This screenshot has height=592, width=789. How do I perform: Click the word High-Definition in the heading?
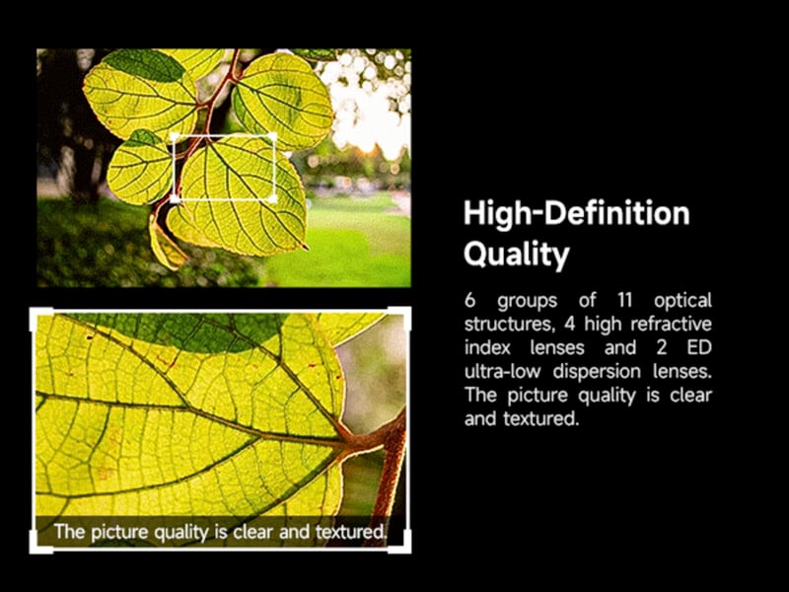pos(576,213)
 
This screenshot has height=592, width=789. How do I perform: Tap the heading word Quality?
pos(517,255)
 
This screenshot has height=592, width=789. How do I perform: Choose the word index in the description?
pos(485,347)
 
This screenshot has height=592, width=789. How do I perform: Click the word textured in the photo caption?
pos(348,533)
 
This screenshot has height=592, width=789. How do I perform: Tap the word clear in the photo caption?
pos(255,533)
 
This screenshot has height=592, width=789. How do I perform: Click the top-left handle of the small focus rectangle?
pos(175,136)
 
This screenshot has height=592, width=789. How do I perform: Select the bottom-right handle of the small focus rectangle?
pos(273,198)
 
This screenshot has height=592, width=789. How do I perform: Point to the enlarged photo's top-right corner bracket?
pos(400,317)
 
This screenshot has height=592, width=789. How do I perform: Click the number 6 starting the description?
pos(469,300)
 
